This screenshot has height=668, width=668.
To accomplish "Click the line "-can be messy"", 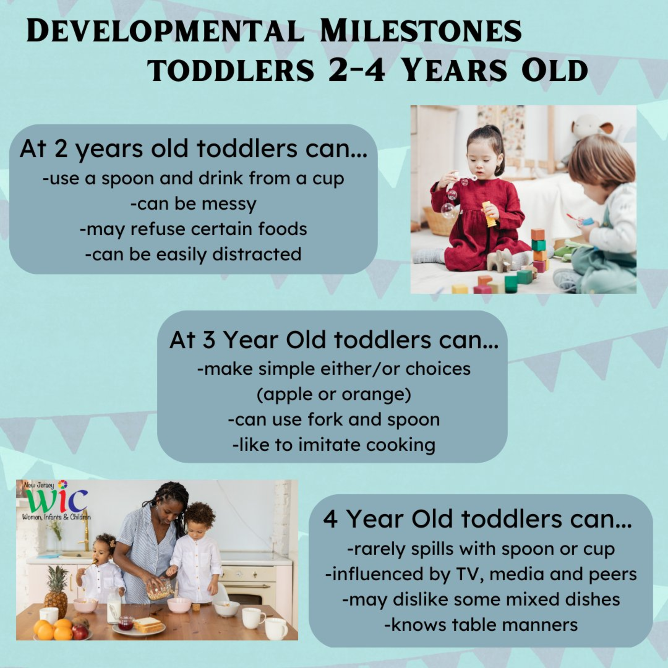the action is pyautogui.click(x=194, y=204).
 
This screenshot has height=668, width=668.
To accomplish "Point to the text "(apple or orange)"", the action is pyautogui.click(x=334, y=394).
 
